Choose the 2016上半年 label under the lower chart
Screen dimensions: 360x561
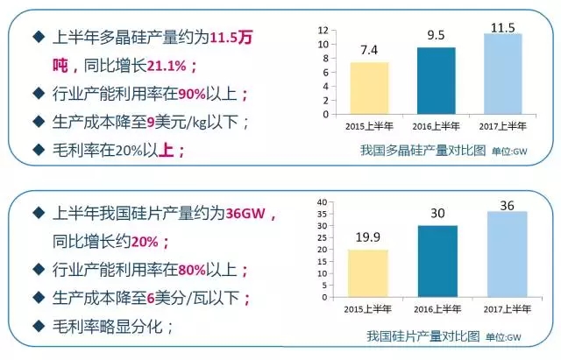436,307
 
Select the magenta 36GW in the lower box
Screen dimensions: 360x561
251,214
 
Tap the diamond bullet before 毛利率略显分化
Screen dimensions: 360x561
36,327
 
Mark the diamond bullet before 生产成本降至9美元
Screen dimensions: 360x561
36,122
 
